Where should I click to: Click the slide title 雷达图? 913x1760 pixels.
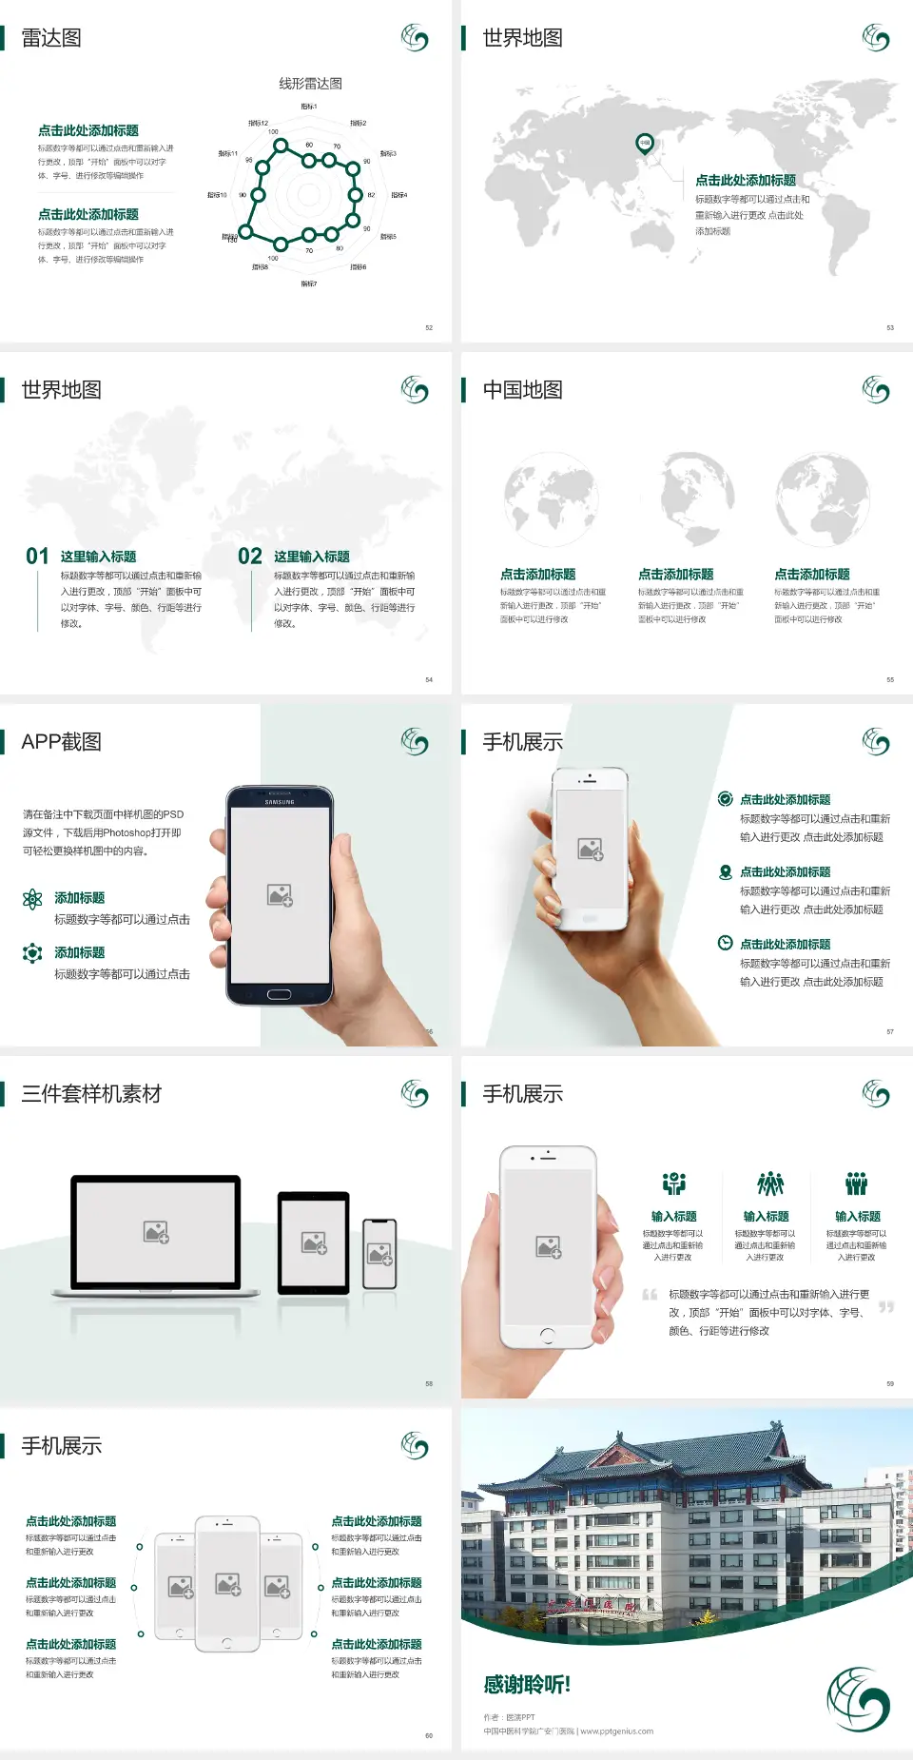coord(51,38)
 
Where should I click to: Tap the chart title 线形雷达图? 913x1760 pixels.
coord(310,84)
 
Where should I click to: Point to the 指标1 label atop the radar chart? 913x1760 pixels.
coord(309,107)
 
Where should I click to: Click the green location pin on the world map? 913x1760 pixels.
coord(645,144)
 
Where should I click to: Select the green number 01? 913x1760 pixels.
coord(37,557)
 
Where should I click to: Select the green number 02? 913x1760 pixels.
coord(250,557)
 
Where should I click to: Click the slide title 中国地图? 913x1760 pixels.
coord(522,390)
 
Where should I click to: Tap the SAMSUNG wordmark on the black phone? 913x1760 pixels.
coord(280,802)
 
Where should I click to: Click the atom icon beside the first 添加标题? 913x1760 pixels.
coord(32,899)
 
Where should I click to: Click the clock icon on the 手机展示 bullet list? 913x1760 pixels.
coord(725,943)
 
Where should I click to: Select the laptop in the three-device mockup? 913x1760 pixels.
coord(156,1236)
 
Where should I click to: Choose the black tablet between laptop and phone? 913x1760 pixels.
coord(314,1242)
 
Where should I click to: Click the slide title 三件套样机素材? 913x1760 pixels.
coord(91,1094)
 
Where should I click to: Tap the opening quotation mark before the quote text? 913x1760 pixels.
coord(650,1294)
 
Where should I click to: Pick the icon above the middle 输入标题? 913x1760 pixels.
coord(769,1183)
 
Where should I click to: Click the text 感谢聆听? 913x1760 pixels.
coord(527,1685)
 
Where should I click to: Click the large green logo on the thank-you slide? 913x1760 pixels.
coord(858,1699)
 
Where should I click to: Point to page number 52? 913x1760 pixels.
coord(429,327)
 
